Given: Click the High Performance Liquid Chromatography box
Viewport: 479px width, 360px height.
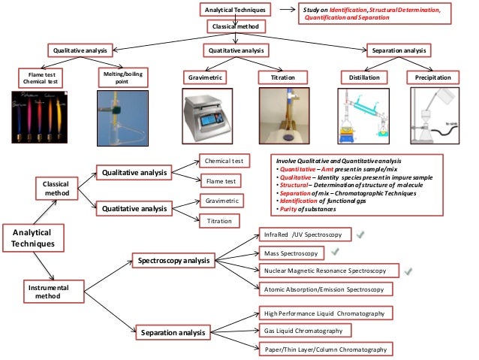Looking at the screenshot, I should [x=324, y=312].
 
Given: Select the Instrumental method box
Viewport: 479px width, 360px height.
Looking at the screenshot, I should [x=47, y=291].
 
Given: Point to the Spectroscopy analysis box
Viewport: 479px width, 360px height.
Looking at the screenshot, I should [x=174, y=260].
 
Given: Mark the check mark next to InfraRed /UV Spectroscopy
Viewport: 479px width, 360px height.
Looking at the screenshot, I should [x=361, y=234].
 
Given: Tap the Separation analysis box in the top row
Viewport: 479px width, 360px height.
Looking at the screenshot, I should [x=399, y=50].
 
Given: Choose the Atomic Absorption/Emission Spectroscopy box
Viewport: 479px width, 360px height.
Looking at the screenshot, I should [x=324, y=289].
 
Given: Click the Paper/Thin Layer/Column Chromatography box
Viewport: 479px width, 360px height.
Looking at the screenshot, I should [x=325, y=349].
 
